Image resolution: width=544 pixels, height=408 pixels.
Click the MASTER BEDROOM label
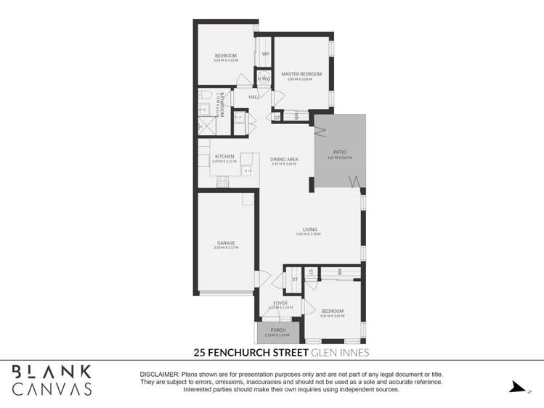pyautogui.click(x=301, y=74)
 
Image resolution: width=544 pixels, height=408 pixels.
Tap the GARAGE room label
pyautogui.click(x=225, y=243)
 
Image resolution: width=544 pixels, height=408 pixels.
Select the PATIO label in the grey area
pyautogui.click(x=339, y=152)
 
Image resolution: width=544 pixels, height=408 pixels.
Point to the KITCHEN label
pyautogui.click(x=224, y=157)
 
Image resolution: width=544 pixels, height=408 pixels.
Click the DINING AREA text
pyautogui.click(x=284, y=159)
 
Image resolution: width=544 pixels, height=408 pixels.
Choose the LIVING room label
pyautogui.click(x=310, y=230)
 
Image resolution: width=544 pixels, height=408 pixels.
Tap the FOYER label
pyautogui.click(x=280, y=303)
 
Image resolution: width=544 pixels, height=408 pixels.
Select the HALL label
pyautogui.click(x=254, y=97)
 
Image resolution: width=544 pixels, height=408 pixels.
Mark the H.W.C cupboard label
pyautogui.click(x=264, y=78)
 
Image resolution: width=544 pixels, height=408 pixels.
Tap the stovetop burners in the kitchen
pyautogui.click(x=223, y=181)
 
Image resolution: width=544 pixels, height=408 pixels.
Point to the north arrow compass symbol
pyautogui.click(x=517, y=387)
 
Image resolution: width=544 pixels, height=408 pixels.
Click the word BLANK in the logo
pyautogui.click(x=51, y=371)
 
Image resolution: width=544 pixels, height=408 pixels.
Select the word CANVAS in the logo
pyautogui.click(x=51, y=389)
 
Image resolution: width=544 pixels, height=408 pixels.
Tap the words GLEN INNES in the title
pyautogui.click(x=340, y=354)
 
